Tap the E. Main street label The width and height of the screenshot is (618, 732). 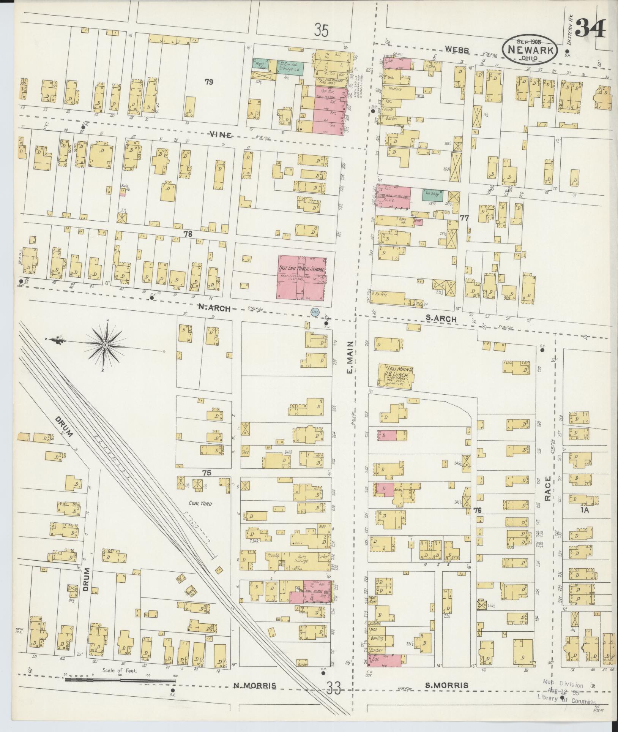coord(350,357)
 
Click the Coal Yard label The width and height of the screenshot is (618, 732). coord(200,503)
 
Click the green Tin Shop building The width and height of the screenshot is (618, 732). coord(432,195)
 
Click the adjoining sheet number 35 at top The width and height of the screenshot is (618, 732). coord(321,30)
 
